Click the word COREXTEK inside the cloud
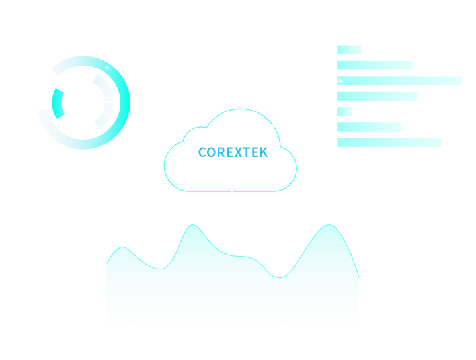(233, 153)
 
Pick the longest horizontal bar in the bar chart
(399, 81)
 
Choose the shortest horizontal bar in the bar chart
(345, 111)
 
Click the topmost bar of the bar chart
(349, 50)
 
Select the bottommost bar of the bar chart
(389, 142)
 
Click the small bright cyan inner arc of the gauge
(58, 103)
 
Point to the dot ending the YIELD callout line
(106, 67)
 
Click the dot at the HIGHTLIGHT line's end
(340, 81)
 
